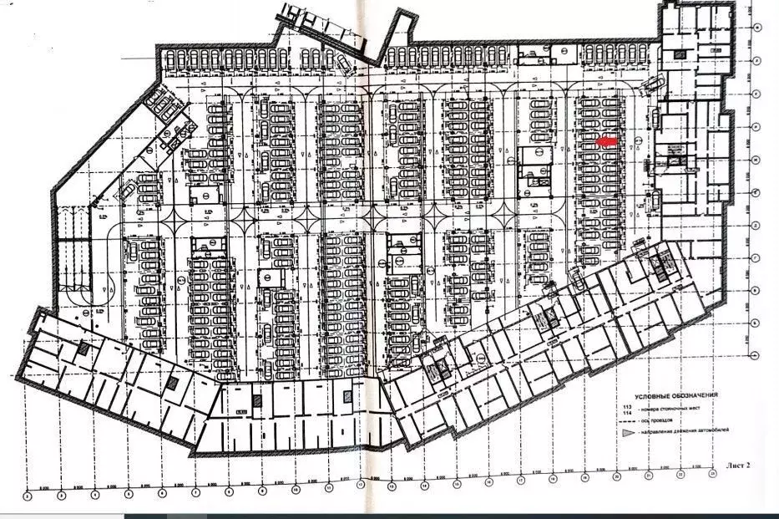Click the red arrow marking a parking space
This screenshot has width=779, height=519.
[x=609, y=142]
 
